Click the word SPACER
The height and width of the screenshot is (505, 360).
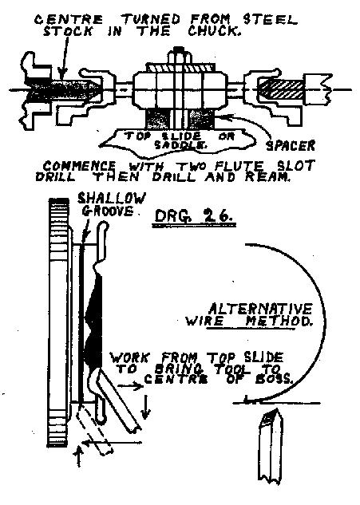[x=290, y=146]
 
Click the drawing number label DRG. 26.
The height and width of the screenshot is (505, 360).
[x=194, y=215]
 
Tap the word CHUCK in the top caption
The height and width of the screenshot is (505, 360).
[x=215, y=31]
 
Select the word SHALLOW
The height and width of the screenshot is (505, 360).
[x=112, y=199]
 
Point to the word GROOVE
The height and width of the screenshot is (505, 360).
[x=108, y=211]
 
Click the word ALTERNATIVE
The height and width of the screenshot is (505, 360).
[x=260, y=310]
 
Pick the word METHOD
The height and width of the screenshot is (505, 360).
[x=279, y=321]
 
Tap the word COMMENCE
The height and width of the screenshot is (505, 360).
[x=79, y=167]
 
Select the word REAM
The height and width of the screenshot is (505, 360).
[x=267, y=177]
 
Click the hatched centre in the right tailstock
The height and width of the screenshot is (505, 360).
[x=280, y=89]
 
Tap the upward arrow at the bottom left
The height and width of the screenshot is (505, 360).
[x=79, y=456]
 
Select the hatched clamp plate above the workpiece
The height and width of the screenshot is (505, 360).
[x=180, y=68]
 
